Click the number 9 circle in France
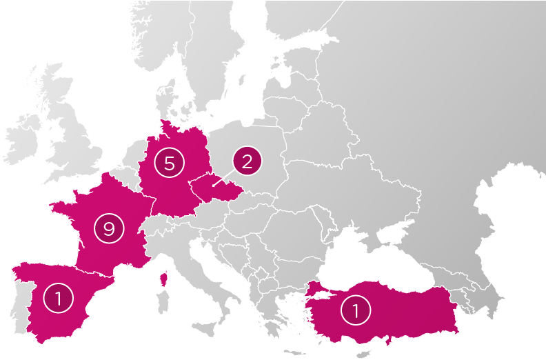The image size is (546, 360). (x=109, y=228)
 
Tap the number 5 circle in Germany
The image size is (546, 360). (x=170, y=163)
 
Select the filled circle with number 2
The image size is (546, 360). (x=247, y=161)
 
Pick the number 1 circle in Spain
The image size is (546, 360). (x=58, y=298)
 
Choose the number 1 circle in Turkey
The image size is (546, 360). (x=356, y=310)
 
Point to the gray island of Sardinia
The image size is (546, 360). (x=163, y=303)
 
